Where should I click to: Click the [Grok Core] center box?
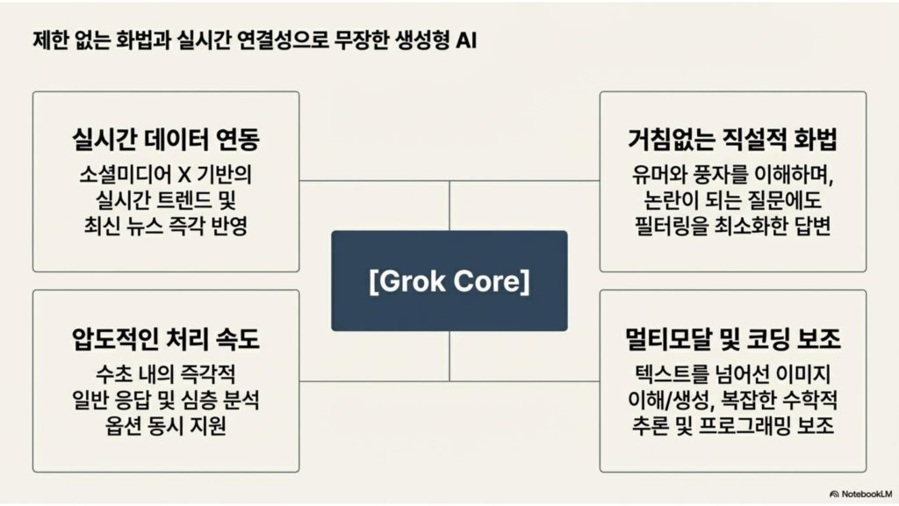(x=449, y=281)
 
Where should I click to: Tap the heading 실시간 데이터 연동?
(x=166, y=139)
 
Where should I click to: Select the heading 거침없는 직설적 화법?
(x=732, y=139)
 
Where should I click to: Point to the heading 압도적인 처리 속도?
(x=166, y=338)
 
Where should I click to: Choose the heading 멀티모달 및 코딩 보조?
(x=732, y=338)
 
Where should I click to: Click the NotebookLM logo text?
(x=864, y=494)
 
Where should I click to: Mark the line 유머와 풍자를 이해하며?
(x=732, y=172)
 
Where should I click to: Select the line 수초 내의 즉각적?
(x=166, y=372)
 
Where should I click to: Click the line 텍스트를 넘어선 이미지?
(x=732, y=372)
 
